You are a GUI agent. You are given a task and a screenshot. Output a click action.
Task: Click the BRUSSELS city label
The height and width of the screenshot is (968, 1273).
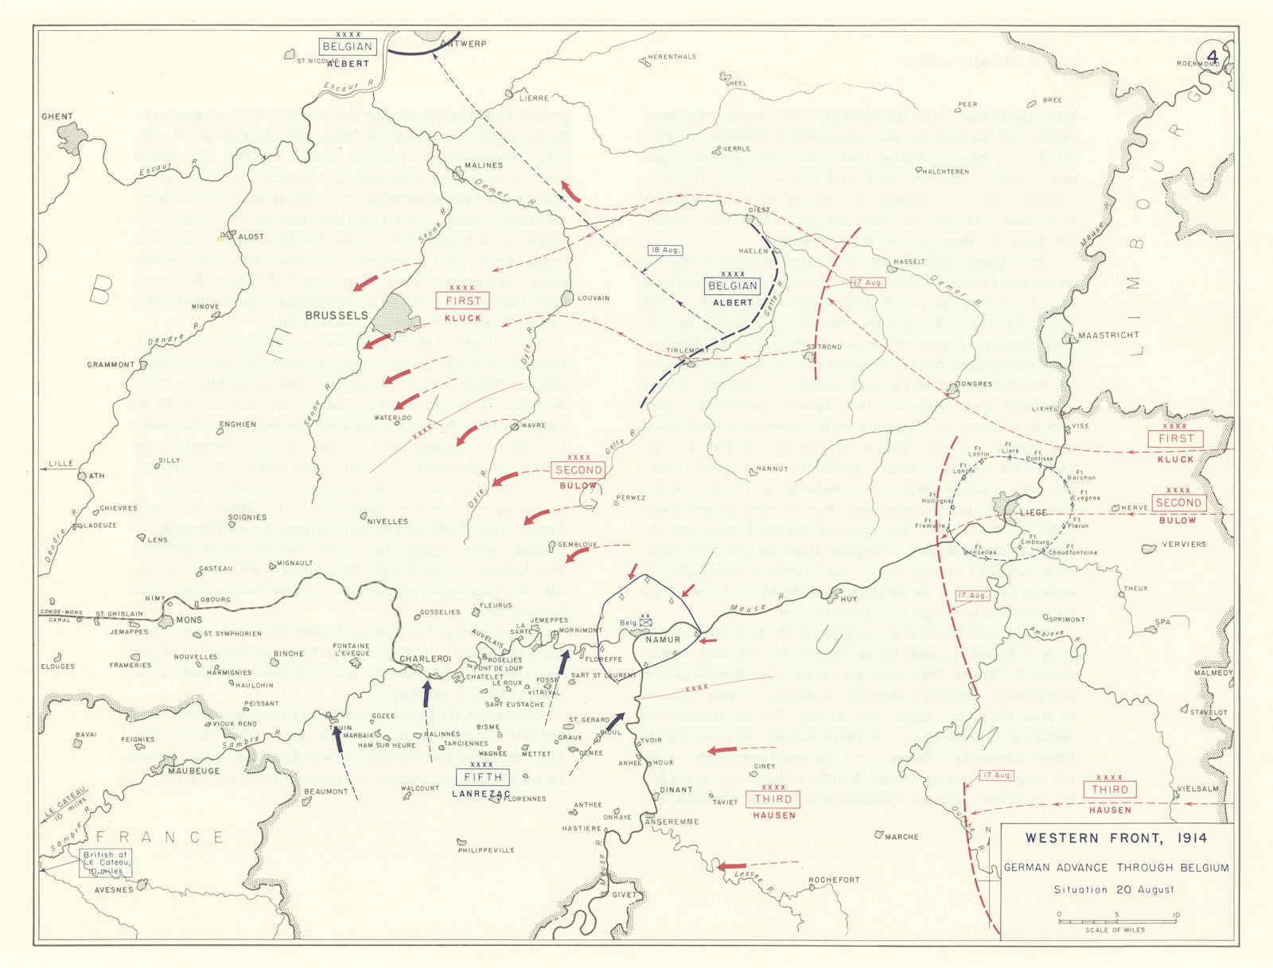(x=337, y=315)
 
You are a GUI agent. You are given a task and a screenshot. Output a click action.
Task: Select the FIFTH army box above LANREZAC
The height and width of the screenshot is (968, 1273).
(x=483, y=777)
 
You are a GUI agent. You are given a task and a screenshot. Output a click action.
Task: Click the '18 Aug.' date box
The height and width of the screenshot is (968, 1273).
(x=664, y=250)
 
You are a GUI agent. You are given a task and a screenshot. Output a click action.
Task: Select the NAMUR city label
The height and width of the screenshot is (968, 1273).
(x=663, y=640)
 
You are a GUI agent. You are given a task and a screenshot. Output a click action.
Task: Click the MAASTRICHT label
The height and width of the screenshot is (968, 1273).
(x=1108, y=335)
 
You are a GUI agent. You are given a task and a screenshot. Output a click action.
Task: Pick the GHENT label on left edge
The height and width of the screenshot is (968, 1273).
(x=57, y=116)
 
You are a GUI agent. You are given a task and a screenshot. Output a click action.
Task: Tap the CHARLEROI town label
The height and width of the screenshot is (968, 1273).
(x=425, y=659)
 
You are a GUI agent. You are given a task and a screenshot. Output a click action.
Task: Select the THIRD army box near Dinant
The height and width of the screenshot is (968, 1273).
(x=773, y=799)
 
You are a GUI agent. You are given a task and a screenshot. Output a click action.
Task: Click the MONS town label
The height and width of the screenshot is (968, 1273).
(x=189, y=620)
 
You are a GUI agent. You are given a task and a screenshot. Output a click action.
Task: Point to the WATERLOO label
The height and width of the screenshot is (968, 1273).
(x=392, y=418)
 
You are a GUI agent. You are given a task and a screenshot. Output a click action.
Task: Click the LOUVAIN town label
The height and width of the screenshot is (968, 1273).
(x=594, y=298)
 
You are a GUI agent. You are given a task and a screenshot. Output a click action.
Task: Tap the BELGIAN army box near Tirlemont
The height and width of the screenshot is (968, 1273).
(x=733, y=286)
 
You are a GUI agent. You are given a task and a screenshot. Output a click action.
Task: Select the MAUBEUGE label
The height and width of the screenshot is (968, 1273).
(x=193, y=771)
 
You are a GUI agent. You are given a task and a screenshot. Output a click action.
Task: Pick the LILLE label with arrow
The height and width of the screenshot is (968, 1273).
(x=60, y=463)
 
